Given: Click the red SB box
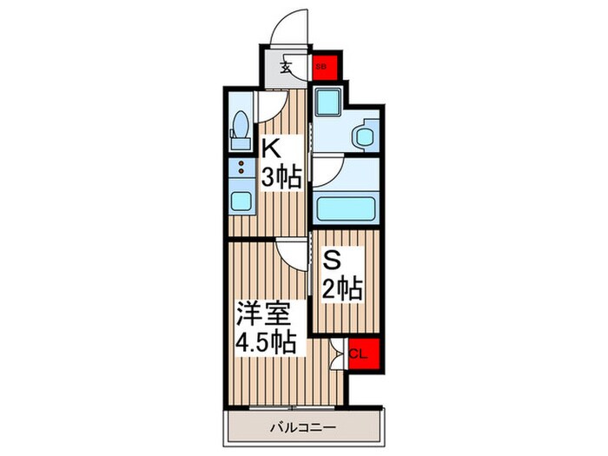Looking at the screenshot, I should pyautogui.click(x=321, y=65).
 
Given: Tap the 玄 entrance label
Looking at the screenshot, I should pyautogui.click(x=286, y=66).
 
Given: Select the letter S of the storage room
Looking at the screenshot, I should pyautogui.click(x=331, y=258).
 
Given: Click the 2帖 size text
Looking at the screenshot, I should pyautogui.click(x=343, y=286).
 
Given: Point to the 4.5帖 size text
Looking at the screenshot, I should pyautogui.click(x=270, y=341).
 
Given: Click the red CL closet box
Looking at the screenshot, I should pyautogui.click(x=357, y=353).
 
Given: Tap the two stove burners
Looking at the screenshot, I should pyautogui.click(x=241, y=166).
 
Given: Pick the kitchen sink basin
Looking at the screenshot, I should pyautogui.click(x=241, y=203).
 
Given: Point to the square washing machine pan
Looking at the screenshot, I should pyautogui.click(x=327, y=102).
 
